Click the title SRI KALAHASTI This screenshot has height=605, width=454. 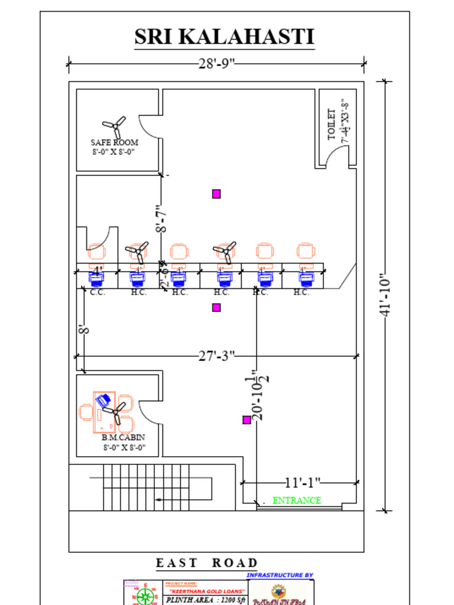(224, 37)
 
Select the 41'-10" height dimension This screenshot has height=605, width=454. (385, 295)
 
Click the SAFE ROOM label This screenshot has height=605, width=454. (114, 142)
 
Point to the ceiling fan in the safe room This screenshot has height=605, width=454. (114, 126)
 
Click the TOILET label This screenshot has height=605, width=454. (332, 125)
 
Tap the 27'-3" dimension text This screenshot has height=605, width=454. (216, 356)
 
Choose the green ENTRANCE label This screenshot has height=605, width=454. (297, 500)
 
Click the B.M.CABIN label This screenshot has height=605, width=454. (123, 438)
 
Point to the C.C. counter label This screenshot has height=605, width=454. (98, 292)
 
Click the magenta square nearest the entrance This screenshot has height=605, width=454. (247, 420)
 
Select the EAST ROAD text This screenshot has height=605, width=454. (207, 563)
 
